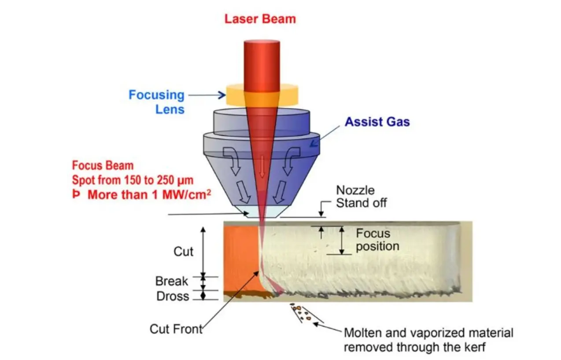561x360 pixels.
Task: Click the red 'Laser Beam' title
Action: pos(260,19)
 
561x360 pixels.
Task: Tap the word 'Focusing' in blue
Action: pos(156,95)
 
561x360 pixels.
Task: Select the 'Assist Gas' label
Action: pos(377,122)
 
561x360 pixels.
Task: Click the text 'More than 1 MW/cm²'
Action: pos(147,195)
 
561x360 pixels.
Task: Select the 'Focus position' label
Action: pos(377,239)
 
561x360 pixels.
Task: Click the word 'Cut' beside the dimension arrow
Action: pos(183,251)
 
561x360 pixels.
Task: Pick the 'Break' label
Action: pos(171,281)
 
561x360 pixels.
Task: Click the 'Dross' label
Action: pos(173,296)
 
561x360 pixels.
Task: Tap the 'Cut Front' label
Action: pos(176,329)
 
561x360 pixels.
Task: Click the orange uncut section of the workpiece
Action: pos(240,260)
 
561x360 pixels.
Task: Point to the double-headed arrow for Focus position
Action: pos(342,240)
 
